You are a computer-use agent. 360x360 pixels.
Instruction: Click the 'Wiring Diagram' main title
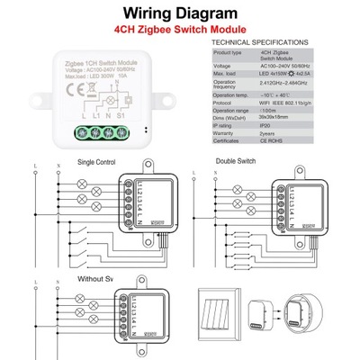coord(179,13)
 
